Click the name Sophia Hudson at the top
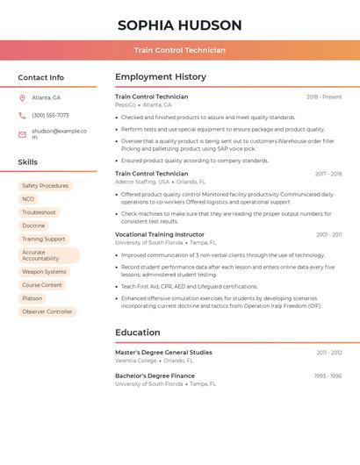click(x=179, y=25)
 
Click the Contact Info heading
click(x=41, y=77)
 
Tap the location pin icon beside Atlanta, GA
click(x=22, y=97)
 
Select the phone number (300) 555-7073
click(x=50, y=115)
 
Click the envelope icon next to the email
click(x=22, y=134)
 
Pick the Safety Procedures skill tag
click(x=45, y=186)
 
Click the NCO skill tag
click(x=28, y=199)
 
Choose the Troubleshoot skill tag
click(x=39, y=212)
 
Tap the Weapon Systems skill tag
click(x=44, y=272)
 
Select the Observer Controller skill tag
click(x=47, y=311)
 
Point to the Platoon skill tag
click(x=32, y=298)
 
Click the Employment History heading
click(x=161, y=77)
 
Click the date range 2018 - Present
click(x=324, y=97)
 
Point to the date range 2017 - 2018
click(x=328, y=174)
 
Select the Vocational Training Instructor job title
click(x=160, y=234)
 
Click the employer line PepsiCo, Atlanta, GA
click(x=143, y=104)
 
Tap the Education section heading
click(x=138, y=333)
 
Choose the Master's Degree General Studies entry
click(x=163, y=353)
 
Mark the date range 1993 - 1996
click(x=328, y=376)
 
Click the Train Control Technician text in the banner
click(x=179, y=50)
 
